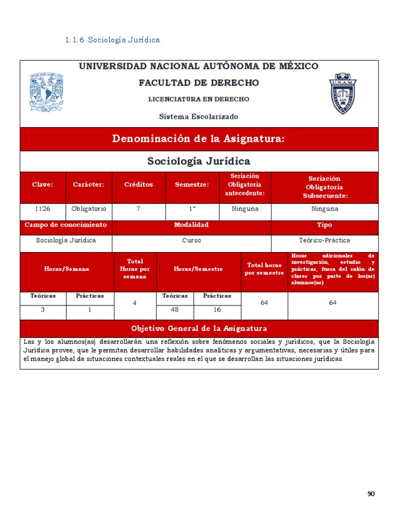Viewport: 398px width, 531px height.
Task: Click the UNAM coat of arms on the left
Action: (46, 92)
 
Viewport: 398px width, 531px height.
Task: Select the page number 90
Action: (371, 494)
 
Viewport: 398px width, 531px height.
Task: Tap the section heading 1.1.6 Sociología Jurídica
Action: (113, 40)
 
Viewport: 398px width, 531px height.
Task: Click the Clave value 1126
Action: (42, 209)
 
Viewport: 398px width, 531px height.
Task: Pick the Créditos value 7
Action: (138, 209)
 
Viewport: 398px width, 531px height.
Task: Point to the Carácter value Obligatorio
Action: (89, 209)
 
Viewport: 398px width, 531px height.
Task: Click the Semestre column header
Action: (192, 185)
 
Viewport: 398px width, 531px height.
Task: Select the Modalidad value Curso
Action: (191, 241)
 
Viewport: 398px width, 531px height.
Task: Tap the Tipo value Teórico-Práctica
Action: (324, 241)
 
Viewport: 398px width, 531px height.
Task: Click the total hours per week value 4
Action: (134, 303)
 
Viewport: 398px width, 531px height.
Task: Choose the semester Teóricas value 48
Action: (175, 310)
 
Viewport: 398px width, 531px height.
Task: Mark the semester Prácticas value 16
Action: (217, 310)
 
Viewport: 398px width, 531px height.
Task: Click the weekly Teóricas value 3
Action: (42, 310)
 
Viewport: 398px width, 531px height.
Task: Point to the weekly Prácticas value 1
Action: (90, 310)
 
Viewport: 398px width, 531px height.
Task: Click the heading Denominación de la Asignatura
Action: (199, 139)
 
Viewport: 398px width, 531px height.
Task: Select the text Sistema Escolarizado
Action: (199, 117)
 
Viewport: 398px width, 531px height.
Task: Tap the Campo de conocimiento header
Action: (66, 225)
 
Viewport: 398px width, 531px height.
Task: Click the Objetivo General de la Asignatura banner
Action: (199, 328)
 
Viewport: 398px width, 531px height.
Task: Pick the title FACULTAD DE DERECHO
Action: (199, 83)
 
